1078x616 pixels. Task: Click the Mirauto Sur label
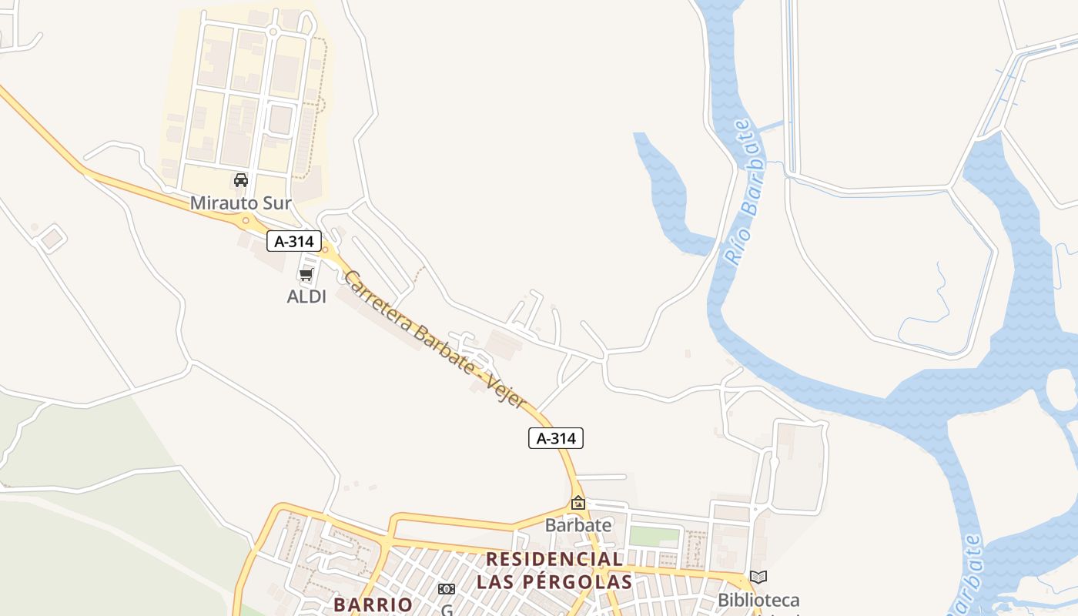click(x=240, y=203)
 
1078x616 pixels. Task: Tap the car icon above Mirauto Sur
click(x=240, y=180)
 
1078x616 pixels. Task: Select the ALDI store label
click(x=306, y=296)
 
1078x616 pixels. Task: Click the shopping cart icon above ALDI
click(x=306, y=274)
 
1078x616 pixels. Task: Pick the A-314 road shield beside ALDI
click(x=293, y=241)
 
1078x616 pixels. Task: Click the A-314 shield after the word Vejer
click(x=555, y=438)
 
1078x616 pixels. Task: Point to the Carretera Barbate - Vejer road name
click(x=435, y=339)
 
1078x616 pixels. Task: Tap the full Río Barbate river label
click(x=745, y=192)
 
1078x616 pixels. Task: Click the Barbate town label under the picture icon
click(x=577, y=525)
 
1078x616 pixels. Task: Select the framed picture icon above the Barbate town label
click(x=577, y=503)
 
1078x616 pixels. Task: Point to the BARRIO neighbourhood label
click(x=373, y=604)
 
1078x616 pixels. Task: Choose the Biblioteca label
click(x=758, y=600)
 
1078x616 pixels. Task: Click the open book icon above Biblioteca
click(x=758, y=577)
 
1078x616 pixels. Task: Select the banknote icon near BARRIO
click(x=446, y=589)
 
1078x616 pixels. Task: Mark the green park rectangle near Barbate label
click(x=654, y=537)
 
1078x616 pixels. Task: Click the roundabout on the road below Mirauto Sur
click(x=246, y=220)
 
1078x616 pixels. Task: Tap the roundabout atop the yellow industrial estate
click(x=273, y=32)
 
